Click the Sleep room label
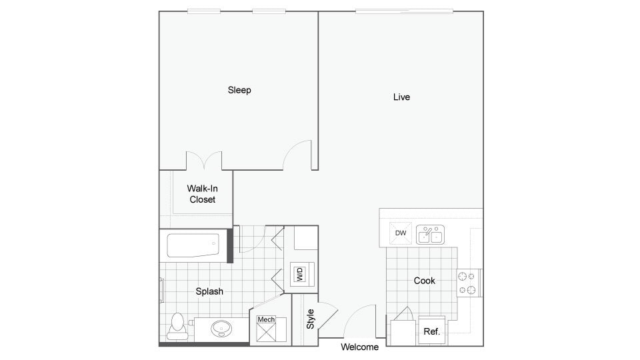tap(239, 90)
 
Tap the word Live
tap(401, 97)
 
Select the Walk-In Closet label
tap(202, 194)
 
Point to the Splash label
tap(209, 291)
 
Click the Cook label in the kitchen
tap(425, 281)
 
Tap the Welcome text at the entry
tap(360, 347)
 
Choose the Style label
tap(311, 318)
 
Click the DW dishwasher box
tap(401, 233)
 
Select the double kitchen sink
tap(431, 235)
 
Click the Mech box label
tap(266, 320)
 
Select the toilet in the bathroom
tap(177, 325)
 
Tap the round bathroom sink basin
tap(221, 328)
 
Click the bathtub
tap(194, 246)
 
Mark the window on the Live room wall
tap(404, 11)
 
